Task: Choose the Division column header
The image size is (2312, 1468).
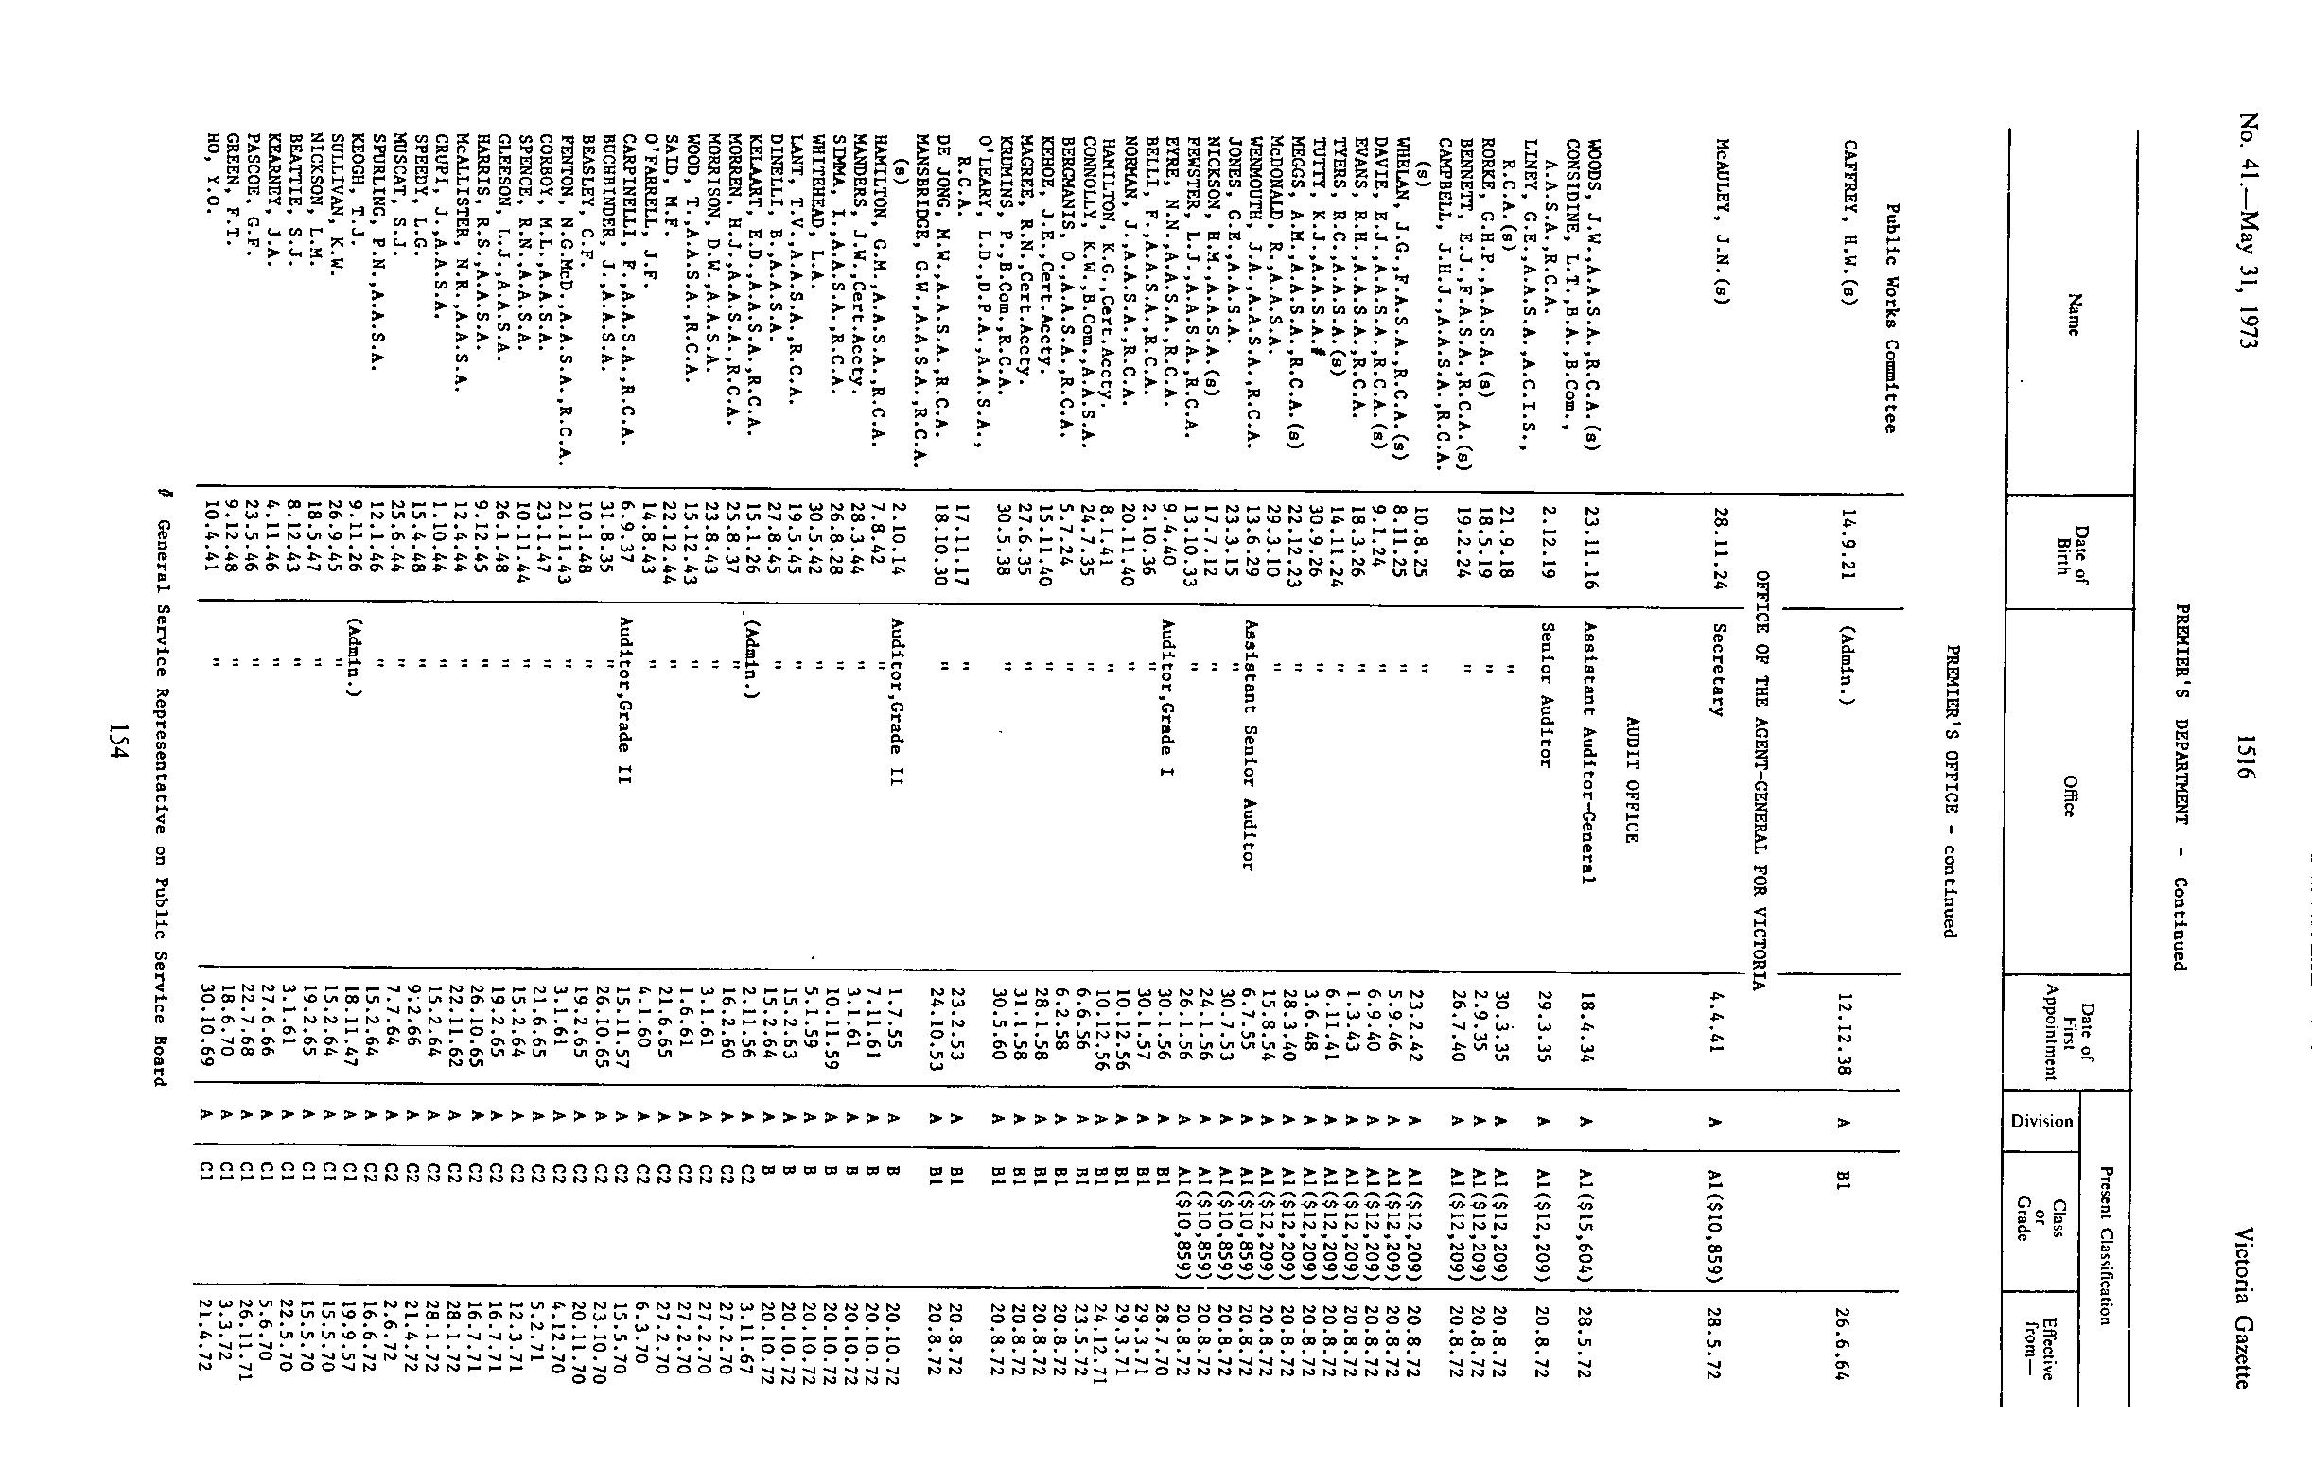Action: point(2041,1122)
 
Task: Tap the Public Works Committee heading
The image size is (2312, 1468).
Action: point(1889,318)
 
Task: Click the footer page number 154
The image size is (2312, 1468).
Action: point(118,742)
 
